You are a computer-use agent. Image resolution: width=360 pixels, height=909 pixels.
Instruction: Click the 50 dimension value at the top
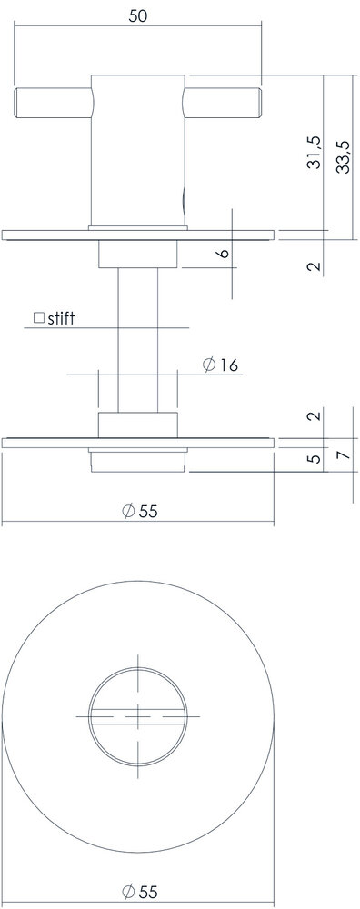[x=138, y=15]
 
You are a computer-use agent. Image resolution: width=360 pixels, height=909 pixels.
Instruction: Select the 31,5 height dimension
[x=314, y=154]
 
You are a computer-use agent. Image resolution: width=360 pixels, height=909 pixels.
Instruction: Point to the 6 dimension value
[x=223, y=253]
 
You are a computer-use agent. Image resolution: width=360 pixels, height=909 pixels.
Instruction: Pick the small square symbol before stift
[x=39, y=318]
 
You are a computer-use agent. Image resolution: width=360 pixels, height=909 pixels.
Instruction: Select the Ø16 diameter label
[x=221, y=365]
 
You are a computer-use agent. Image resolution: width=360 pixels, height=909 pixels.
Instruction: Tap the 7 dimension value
[x=342, y=453]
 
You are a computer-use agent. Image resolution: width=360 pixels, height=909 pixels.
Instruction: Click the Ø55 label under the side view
[x=139, y=511]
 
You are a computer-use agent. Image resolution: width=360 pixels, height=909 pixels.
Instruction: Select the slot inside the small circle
[x=138, y=715]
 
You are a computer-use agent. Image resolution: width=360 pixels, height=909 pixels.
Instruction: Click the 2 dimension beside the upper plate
[x=314, y=266]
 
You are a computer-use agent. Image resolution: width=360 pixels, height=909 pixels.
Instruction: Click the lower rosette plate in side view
[x=138, y=443]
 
